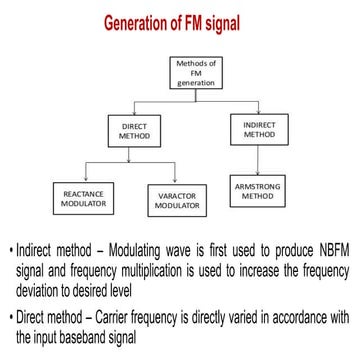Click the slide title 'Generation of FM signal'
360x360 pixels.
pyautogui.click(x=180, y=23)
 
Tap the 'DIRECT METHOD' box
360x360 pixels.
pyautogui.click(x=134, y=131)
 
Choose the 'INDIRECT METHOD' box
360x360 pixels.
pyautogui.click(x=256, y=128)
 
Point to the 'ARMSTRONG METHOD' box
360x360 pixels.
pyautogui.click(x=257, y=190)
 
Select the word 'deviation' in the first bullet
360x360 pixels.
pyautogui.click(x=43, y=285)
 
